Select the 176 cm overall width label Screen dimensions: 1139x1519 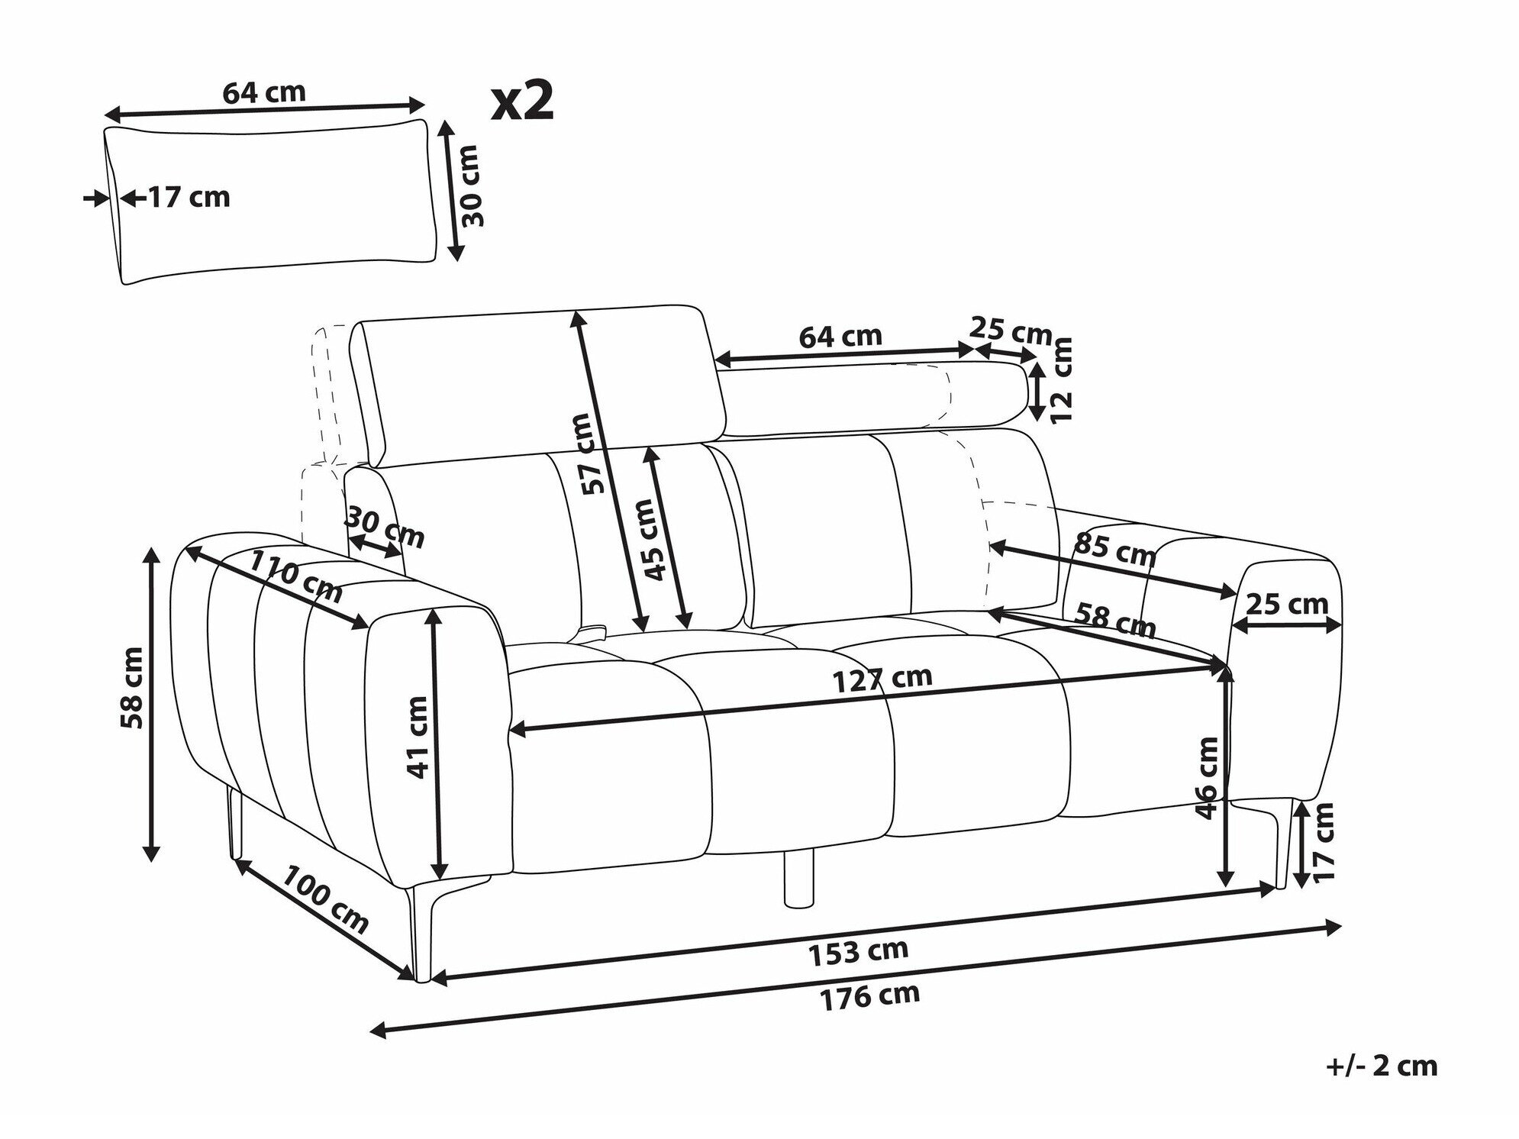coord(870,995)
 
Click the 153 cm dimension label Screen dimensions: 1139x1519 coord(858,950)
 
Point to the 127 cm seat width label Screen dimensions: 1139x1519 coord(882,677)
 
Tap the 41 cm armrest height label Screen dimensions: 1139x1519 coord(419,737)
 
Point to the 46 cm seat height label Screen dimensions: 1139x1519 coord(1206,777)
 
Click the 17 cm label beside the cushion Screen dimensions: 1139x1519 coord(188,198)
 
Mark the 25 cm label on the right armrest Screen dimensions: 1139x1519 coord(1287,605)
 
